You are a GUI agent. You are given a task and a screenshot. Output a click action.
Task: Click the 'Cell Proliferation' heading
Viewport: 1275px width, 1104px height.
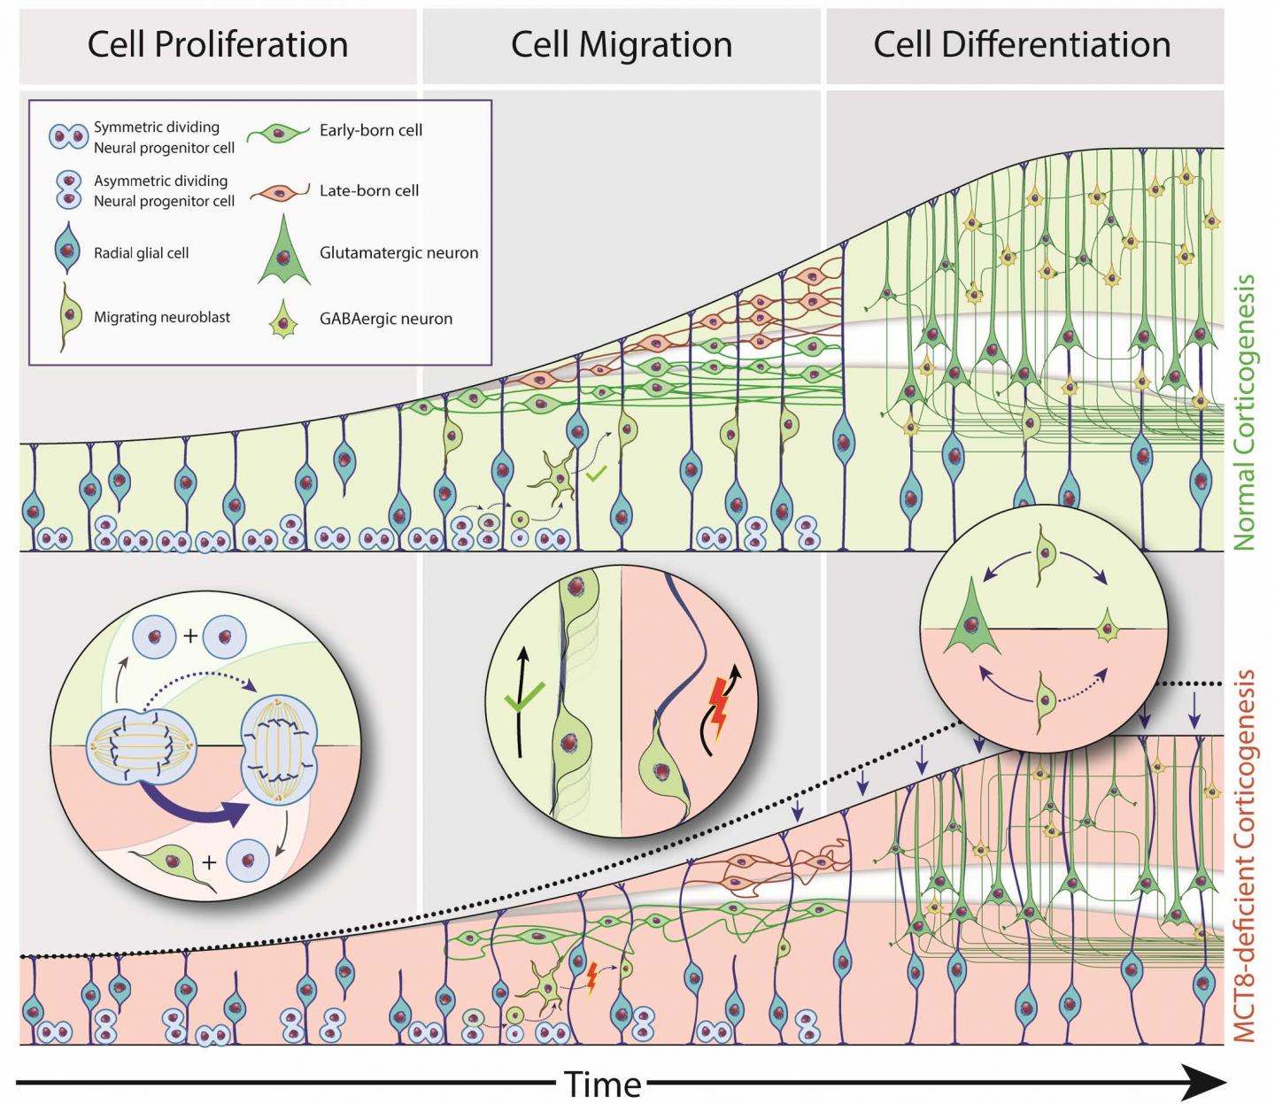coord(217,44)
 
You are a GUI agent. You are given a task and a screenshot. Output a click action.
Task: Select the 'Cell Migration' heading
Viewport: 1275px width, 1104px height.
coord(622,44)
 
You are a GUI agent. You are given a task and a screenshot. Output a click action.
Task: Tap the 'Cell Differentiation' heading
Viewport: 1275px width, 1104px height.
coord(1022,44)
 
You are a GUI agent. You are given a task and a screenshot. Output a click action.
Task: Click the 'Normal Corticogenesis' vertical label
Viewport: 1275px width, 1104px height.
coord(1245,412)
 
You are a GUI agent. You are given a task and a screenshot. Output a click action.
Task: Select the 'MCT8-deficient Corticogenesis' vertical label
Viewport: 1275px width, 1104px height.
coord(1245,854)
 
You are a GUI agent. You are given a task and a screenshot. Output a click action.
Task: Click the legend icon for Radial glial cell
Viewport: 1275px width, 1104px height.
coord(67,251)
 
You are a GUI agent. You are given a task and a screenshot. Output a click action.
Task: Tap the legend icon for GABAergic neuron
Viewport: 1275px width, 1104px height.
coord(282,320)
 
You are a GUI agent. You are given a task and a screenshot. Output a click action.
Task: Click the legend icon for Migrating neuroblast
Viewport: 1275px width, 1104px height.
coord(67,317)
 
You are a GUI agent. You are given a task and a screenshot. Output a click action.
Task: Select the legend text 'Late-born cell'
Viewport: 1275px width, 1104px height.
coord(369,190)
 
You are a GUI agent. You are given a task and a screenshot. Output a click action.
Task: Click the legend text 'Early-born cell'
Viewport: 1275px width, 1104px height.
coord(370,130)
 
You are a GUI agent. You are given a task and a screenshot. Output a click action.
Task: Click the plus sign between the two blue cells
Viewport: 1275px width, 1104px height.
coord(190,635)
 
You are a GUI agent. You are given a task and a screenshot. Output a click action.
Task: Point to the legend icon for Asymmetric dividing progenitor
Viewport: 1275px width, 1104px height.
coord(68,189)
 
